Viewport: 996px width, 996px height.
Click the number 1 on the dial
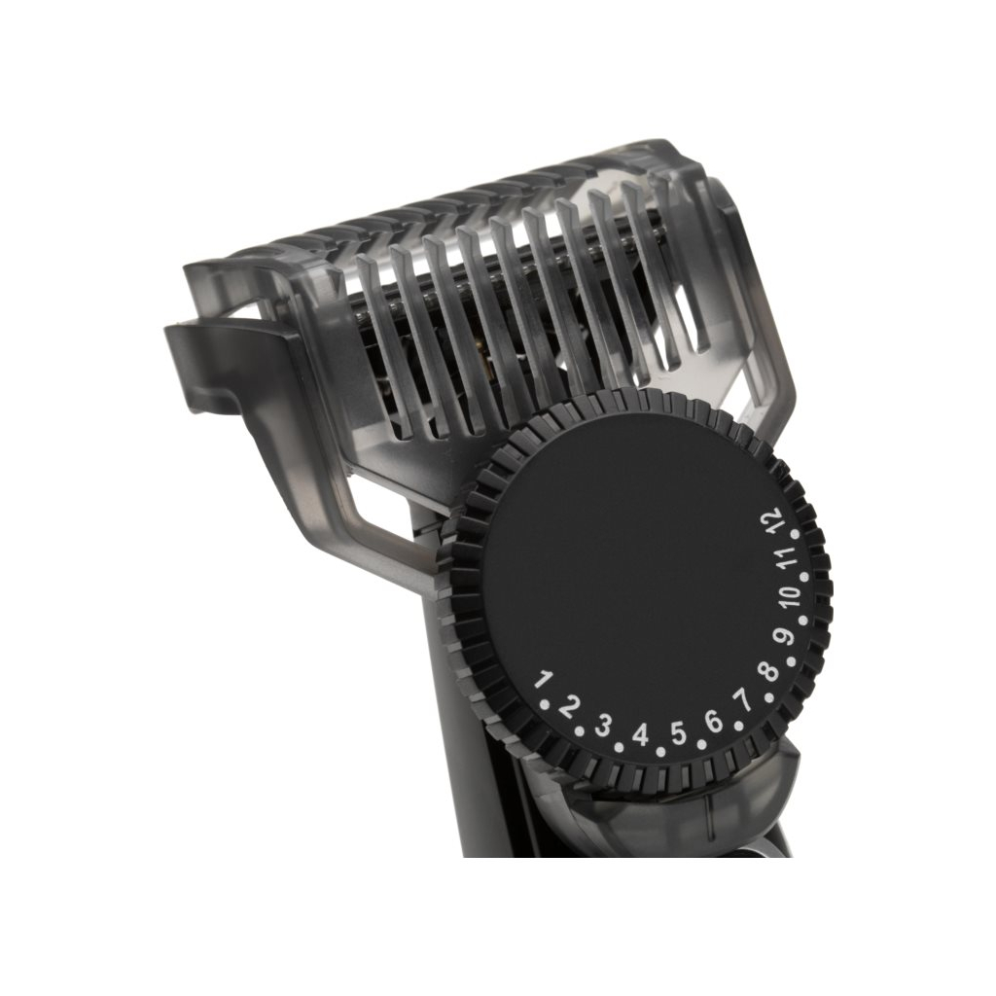pyautogui.click(x=545, y=679)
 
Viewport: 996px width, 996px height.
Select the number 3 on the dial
pyautogui.click(x=603, y=725)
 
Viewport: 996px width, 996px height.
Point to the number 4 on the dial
pyautogui.click(x=640, y=734)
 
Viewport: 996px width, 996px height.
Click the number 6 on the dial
pyautogui.click(x=714, y=721)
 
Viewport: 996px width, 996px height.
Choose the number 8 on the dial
pyautogui.click(x=768, y=669)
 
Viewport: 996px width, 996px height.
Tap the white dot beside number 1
pyautogui.click(x=547, y=700)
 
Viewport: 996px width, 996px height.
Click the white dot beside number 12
pyautogui.click(x=794, y=533)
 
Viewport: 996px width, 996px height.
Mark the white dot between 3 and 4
pyautogui.click(x=620, y=746)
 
